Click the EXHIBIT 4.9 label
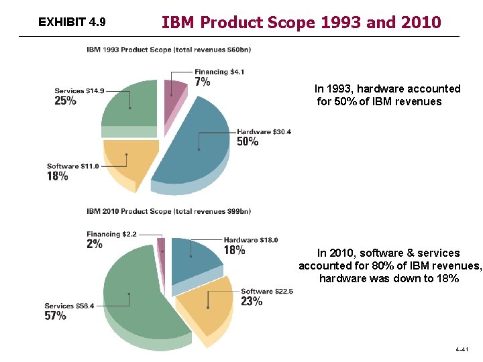click(x=72, y=22)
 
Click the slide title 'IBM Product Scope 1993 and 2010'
click(x=301, y=22)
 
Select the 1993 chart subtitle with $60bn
click(x=168, y=49)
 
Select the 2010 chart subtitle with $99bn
click(x=168, y=211)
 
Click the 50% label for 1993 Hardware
click(x=248, y=142)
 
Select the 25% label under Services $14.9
click(x=65, y=101)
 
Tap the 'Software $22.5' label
click(x=266, y=291)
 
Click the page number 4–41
click(x=462, y=349)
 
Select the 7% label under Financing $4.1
click(x=202, y=82)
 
